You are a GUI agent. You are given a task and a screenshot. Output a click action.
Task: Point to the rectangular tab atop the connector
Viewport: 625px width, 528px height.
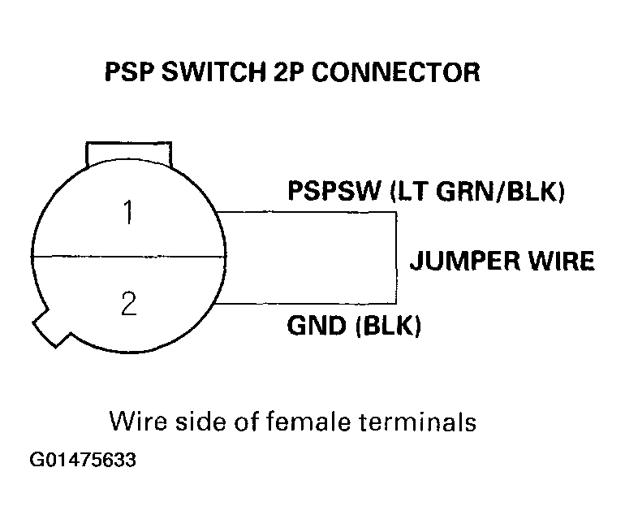(129, 153)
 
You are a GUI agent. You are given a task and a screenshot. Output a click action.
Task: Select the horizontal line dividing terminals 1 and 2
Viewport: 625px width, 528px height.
(126, 258)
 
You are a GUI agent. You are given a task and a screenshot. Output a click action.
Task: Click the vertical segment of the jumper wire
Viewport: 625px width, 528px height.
(395, 258)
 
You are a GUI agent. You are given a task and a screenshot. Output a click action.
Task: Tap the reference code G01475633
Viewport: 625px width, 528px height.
(83, 461)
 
